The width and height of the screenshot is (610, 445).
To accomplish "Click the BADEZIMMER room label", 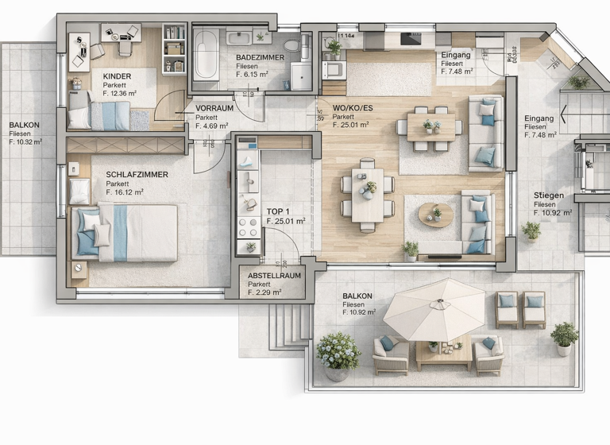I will tap(260, 57).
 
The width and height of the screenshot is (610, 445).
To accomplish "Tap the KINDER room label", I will tap(118, 76).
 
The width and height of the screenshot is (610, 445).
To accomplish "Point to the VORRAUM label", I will tap(214, 108).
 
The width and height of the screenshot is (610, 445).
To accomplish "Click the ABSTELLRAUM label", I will tap(275, 276).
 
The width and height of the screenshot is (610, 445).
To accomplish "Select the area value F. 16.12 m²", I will tap(124, 192).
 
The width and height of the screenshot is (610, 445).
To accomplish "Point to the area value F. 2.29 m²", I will tap(266, 292).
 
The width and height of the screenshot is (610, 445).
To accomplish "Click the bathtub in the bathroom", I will tap(207, 56).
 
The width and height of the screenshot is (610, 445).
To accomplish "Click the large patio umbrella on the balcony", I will tap(439, 308).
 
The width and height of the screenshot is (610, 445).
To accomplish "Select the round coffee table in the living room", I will tap(435, 215).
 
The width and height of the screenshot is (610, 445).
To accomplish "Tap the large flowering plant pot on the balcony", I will tap(338, 354).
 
